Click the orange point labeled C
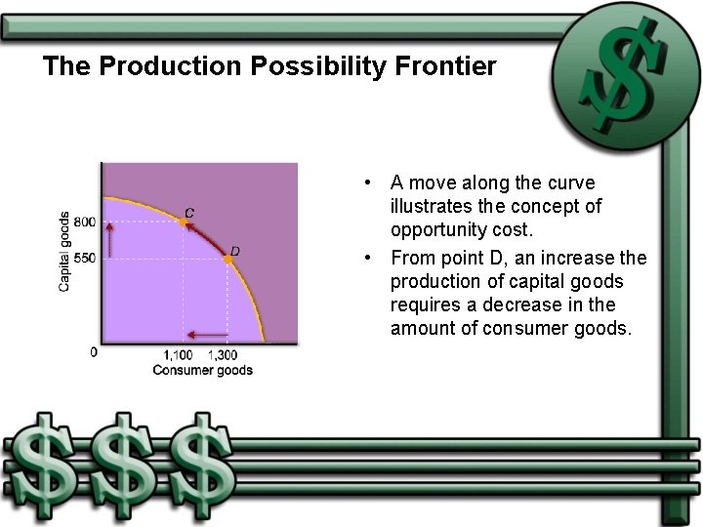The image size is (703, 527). click(183, 223)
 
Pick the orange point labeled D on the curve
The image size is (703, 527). click(227, 259)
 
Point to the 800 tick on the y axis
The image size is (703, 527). click(87, 223)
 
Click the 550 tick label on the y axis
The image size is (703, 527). click(87, 258)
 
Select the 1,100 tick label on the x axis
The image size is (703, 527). click(178, 353)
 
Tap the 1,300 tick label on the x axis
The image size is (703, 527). click(224, 353)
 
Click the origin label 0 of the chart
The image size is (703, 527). click(94, 352)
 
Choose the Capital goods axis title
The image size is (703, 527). click(64, 252)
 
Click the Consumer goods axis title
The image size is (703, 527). click(202, 370)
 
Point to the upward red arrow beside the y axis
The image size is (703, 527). click(109, 239)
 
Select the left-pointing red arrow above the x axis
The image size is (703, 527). click(207, 335)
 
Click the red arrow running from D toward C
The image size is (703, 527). click(203, 238)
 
